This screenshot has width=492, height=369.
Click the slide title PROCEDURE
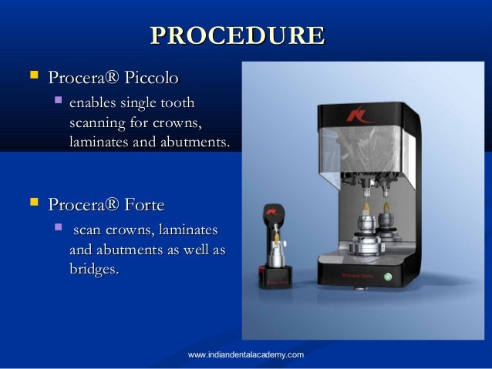click(x=237, y=36)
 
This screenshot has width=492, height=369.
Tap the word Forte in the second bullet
click(x=143, y=204)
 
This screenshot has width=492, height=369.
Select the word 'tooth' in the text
click(x=178, y=102)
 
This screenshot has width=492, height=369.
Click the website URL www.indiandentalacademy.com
click(x=245, y=354)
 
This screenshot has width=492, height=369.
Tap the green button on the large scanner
click(x=388, y=276)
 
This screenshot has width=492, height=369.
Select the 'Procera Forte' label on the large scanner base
click(x=351, y=273)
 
